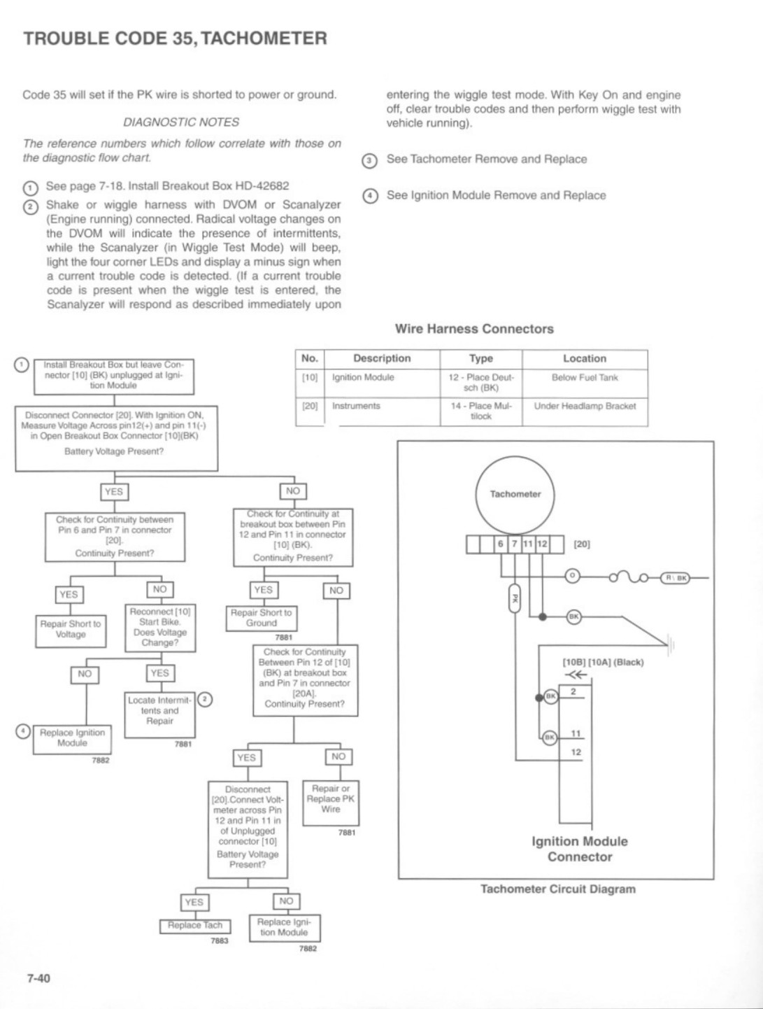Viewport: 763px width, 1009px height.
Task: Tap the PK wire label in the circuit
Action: [x=515, y=598]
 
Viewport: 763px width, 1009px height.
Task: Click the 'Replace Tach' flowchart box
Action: [x=194, y=926]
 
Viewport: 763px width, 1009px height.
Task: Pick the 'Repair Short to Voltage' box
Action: [x=71, y=631]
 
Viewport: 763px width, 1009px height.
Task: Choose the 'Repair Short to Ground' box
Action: [x=262, y=619]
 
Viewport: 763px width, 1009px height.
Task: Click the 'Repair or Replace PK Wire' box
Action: [x=331, y=803]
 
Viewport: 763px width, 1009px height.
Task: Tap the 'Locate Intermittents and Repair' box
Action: [x=159, y=715]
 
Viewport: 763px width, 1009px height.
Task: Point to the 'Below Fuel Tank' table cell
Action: [x=585, y=377]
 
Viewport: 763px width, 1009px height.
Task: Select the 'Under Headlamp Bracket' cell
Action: [x=585, y=407]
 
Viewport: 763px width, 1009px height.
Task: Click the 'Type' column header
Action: [x=481, y=358]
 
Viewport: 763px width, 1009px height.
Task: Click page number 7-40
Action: [x=38, y=978]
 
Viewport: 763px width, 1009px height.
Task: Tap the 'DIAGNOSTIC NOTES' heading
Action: [x=181, y=122]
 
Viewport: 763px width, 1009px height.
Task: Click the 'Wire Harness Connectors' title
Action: [x=474, y=329]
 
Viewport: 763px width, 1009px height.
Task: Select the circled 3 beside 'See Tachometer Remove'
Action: [x=370, y=161]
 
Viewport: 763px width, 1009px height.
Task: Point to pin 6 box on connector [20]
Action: [x=500, y=544]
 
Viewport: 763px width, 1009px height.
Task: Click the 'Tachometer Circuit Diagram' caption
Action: [x=558, y=889]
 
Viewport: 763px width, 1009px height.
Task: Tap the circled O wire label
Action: [x=572, y=575]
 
